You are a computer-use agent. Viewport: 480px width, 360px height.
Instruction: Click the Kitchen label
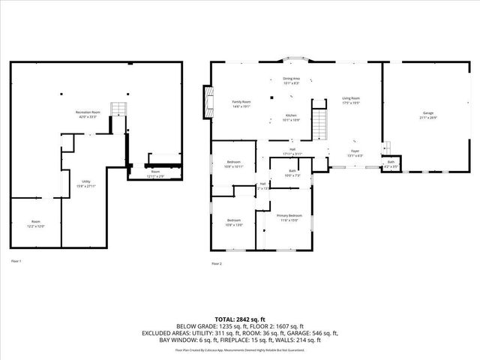pos(290,117)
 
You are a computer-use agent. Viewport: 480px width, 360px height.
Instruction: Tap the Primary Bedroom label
pos(289,217)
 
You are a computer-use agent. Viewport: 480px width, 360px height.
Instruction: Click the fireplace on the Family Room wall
pos(205,100)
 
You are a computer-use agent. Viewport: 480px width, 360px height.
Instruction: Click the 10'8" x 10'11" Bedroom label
pos(234,163)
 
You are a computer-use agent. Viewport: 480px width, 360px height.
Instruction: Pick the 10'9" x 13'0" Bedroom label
pos(234,223)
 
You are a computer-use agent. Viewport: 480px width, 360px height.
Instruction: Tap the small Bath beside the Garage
pos(391,163)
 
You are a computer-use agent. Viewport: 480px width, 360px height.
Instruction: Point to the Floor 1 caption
pos(16,261)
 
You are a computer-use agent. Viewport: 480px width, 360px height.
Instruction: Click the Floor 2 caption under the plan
pos(217,263)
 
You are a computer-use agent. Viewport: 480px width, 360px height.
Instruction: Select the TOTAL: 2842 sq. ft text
pos(240,319)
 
